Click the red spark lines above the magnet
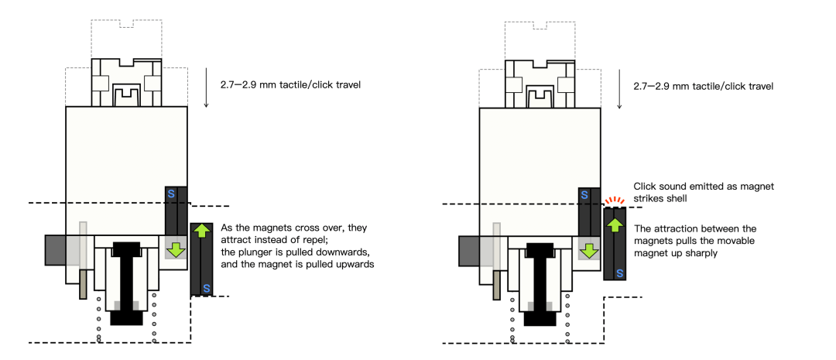click(x=614, y=201)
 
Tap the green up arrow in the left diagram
click(x=201, y=231)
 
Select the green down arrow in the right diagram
click(x=588, y=249)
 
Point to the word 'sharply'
click(x=703, y=254)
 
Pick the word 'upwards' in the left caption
click(x=354, y=263)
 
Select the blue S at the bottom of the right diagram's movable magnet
click(x=619, y=273)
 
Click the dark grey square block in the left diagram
click(x=56, y=250)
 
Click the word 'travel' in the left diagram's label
click(x=348, y=85)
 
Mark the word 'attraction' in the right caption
click(x=675, y=228)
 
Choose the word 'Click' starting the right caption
click(x=643, y=187)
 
